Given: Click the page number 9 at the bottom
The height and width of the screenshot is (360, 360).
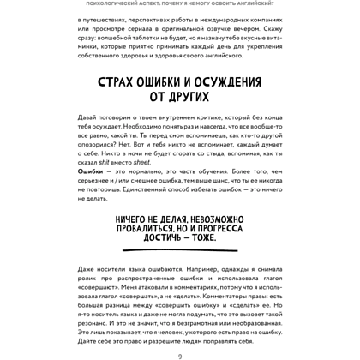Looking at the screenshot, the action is click(180, 354).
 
